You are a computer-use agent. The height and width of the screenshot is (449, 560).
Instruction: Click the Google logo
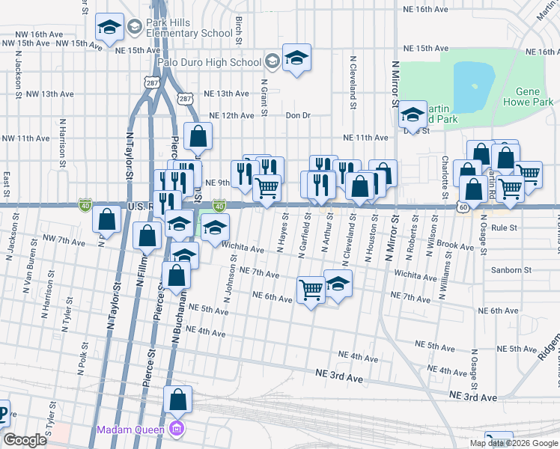25,440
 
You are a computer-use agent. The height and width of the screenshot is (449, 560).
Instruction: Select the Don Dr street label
297,115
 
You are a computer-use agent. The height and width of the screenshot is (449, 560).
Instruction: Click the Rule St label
505,226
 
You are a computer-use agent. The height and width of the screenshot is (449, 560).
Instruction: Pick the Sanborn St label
511,269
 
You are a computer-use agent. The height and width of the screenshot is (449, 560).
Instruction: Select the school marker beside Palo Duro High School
296,58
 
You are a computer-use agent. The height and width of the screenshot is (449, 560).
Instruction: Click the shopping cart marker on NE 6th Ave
311,289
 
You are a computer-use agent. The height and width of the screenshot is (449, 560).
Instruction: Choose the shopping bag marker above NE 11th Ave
198,137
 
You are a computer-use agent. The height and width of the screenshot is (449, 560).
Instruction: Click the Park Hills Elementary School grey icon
135,28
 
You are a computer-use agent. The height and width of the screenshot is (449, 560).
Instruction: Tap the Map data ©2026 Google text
513,443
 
